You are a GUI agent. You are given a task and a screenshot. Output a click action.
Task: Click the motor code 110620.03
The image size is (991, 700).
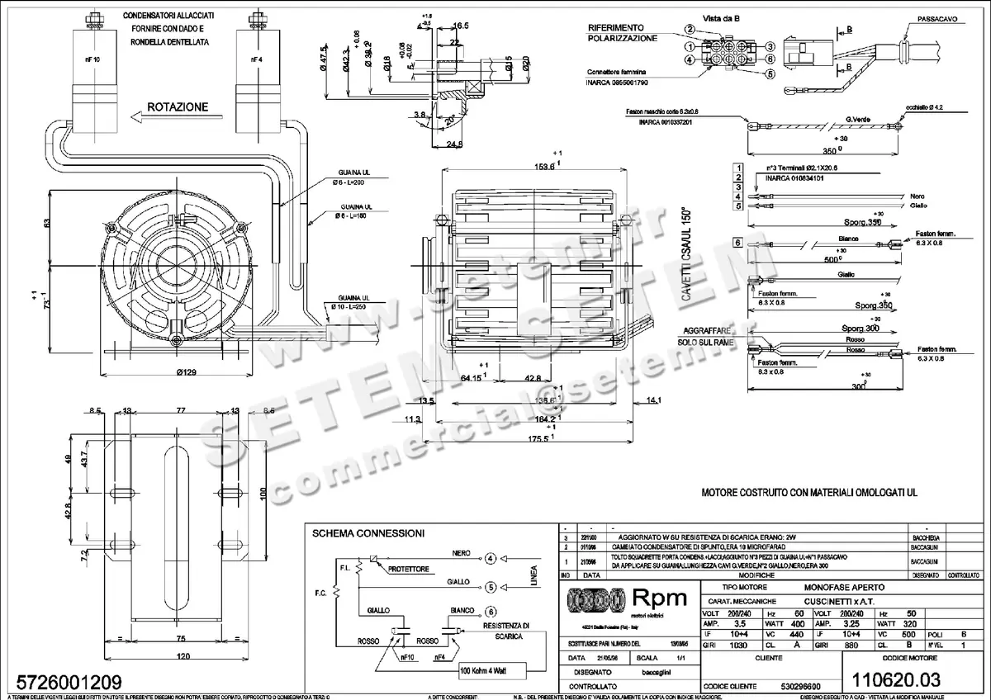[889, 679]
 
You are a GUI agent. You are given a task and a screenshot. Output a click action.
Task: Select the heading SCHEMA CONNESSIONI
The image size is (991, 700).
[367, 534]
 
